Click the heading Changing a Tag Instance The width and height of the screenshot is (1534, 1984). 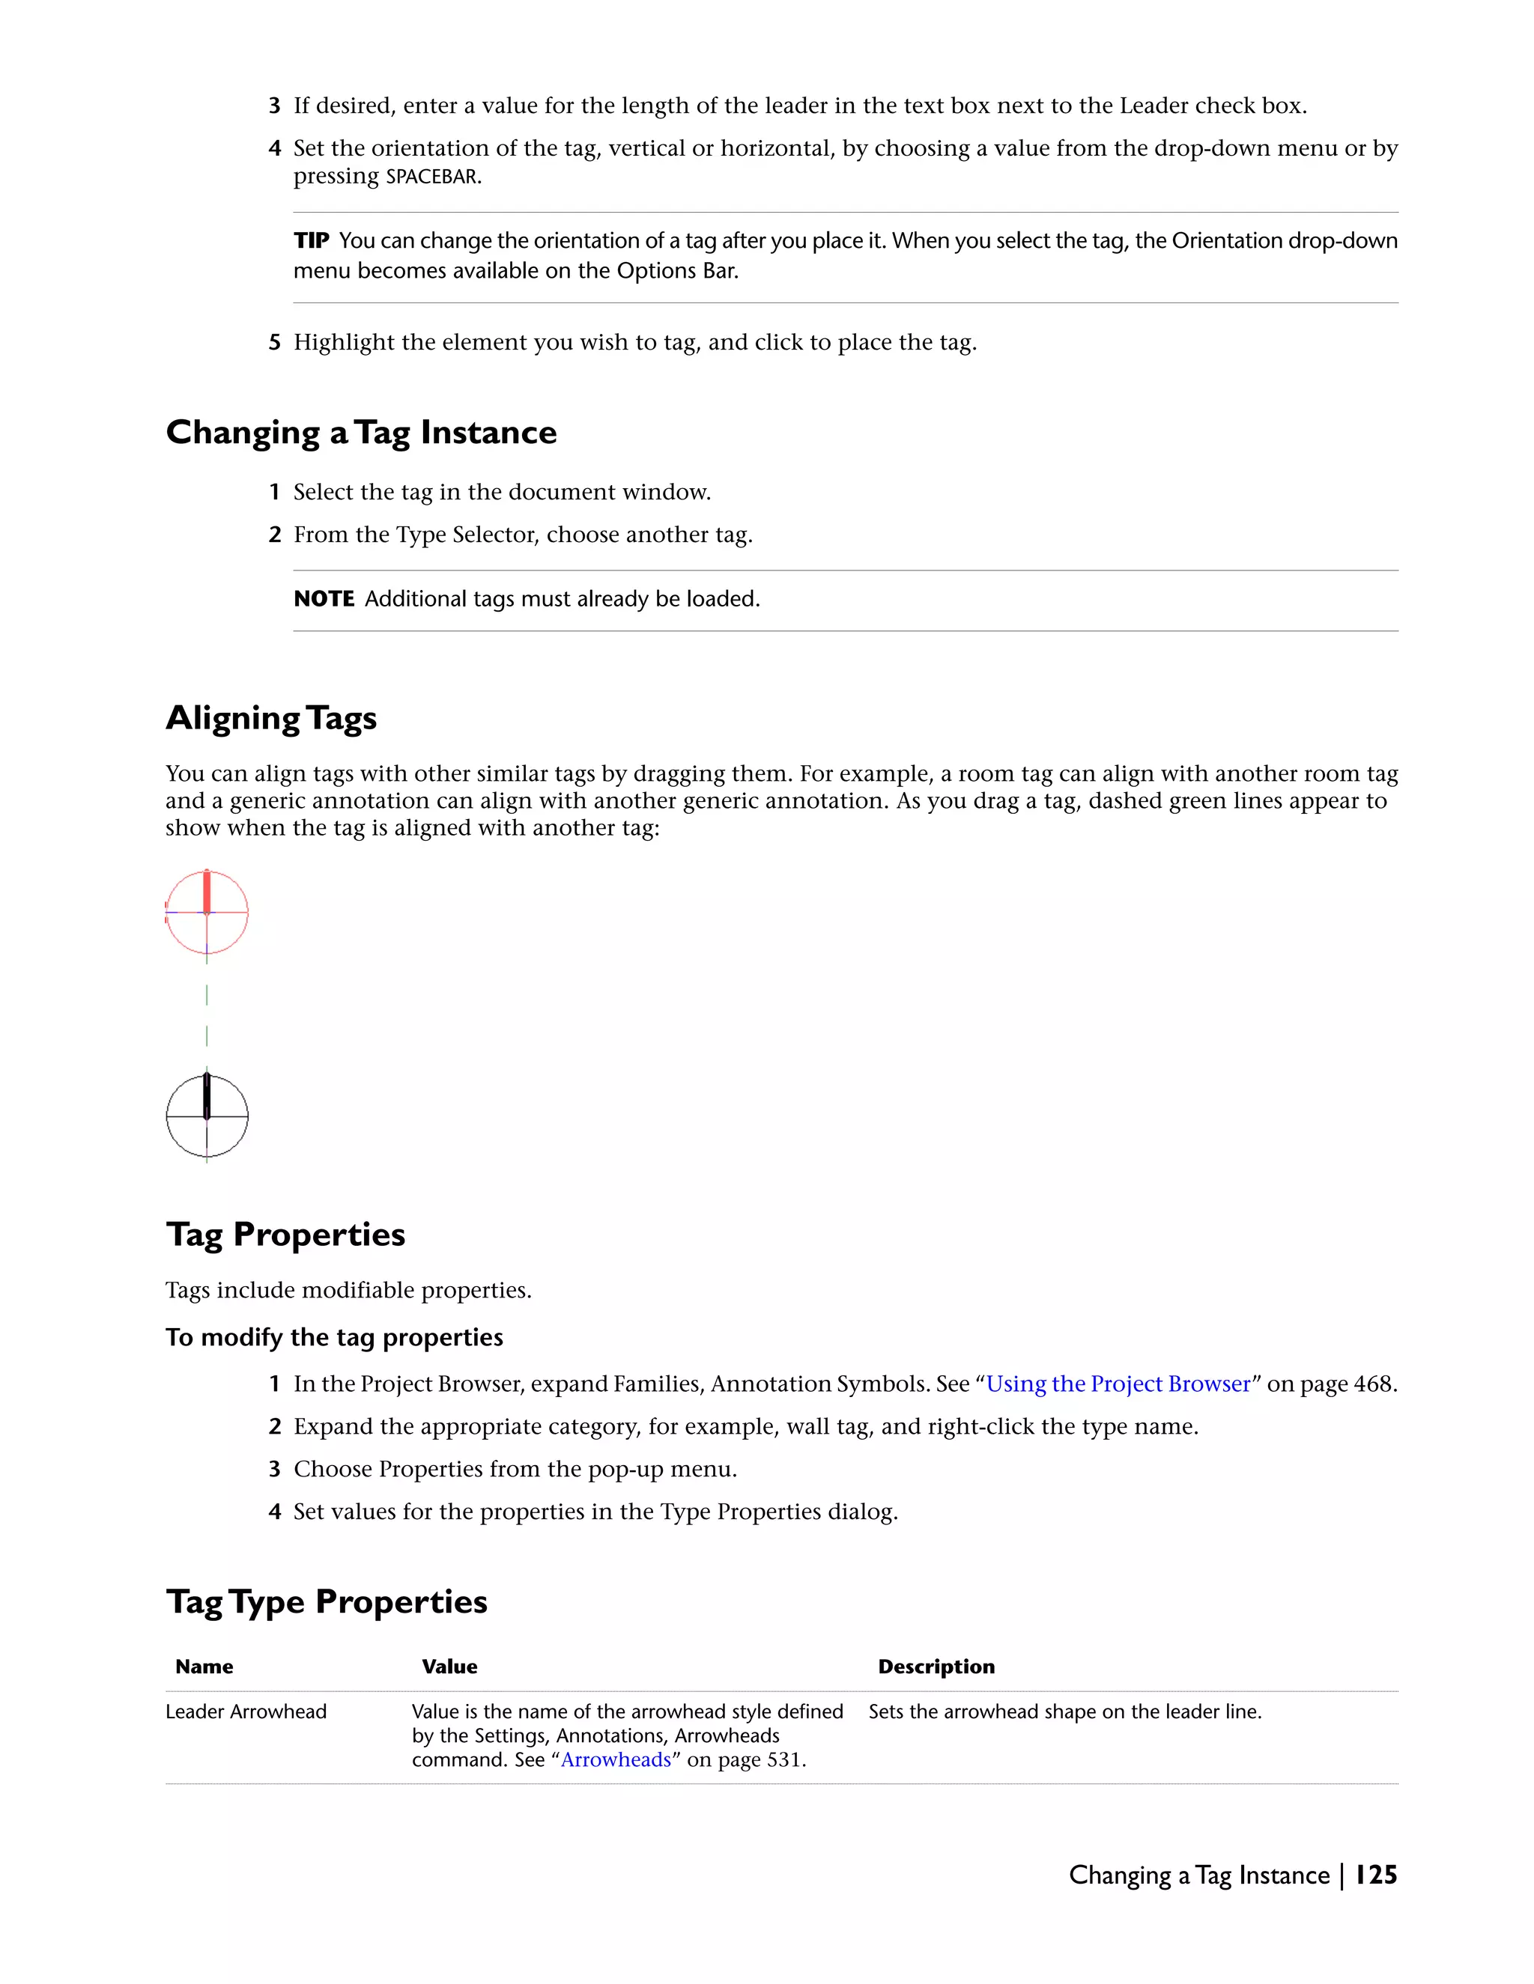click(x=361, y=433)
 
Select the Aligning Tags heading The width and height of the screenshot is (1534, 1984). click(x=271, y=719)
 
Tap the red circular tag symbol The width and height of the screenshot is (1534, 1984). click(x=207, y=912)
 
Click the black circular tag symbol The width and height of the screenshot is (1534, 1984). click(x=207, y=1116)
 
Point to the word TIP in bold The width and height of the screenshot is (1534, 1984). click(x=311, y=241)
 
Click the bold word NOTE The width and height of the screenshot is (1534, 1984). click(x=324, y=600)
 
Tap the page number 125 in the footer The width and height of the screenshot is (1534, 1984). click(x=1376, y=1875)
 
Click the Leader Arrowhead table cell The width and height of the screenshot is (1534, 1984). click(x=246, y=1711)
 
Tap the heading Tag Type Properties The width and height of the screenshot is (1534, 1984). click(x=327, y=1601)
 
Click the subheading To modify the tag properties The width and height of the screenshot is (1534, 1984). click(x=333, y=1337)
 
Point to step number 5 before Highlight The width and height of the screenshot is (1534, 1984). click(x=274, y=342)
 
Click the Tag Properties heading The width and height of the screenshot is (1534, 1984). click(x=285, y=1235)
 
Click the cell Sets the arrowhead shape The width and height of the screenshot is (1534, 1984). click(x=1064, y=1711)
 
